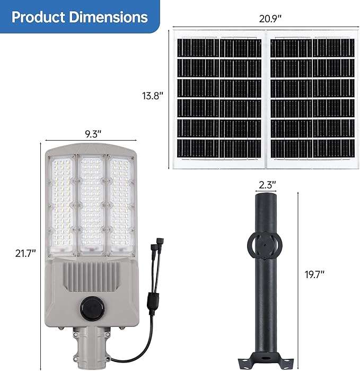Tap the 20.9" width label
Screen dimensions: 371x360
point(270,18)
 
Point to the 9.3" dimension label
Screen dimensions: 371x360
point(90,134)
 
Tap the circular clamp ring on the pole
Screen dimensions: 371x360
point(264,244)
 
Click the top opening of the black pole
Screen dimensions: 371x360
point(264,196)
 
